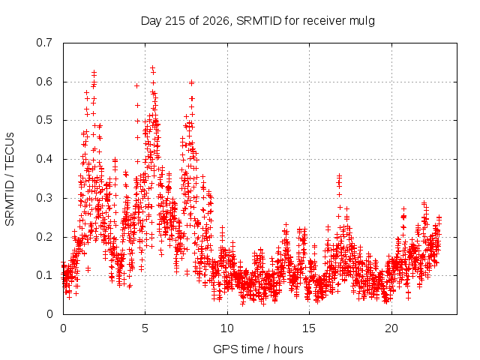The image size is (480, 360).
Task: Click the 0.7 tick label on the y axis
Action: pos(44,43)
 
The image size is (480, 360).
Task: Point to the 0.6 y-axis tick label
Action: pos(44,82)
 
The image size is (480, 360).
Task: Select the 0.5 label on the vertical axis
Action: pos(44,120)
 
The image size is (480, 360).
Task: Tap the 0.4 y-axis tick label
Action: pos(44,159)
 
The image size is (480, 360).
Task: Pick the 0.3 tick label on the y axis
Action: pos(44,198)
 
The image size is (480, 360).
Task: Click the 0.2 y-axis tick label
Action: pos(44,237)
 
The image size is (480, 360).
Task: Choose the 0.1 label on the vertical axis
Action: pos(44,275)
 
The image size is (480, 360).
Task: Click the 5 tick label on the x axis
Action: pos(145,328)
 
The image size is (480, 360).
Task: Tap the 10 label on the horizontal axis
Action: pos(227,328)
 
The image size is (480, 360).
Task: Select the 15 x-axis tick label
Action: pos(309,328)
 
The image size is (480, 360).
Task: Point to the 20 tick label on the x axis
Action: pos(391,328)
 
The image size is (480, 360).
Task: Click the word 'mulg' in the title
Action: pos(361,22)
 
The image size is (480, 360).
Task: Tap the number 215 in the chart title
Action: pos(175,21)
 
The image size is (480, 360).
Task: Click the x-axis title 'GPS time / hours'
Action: pos(258,349)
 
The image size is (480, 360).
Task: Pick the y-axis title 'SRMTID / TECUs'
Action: pos(10,179)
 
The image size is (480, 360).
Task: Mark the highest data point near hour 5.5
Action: pos(152,68)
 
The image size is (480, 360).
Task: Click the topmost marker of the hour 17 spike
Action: pos(339,176)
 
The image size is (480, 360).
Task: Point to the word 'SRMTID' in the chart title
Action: pos(259,21)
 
